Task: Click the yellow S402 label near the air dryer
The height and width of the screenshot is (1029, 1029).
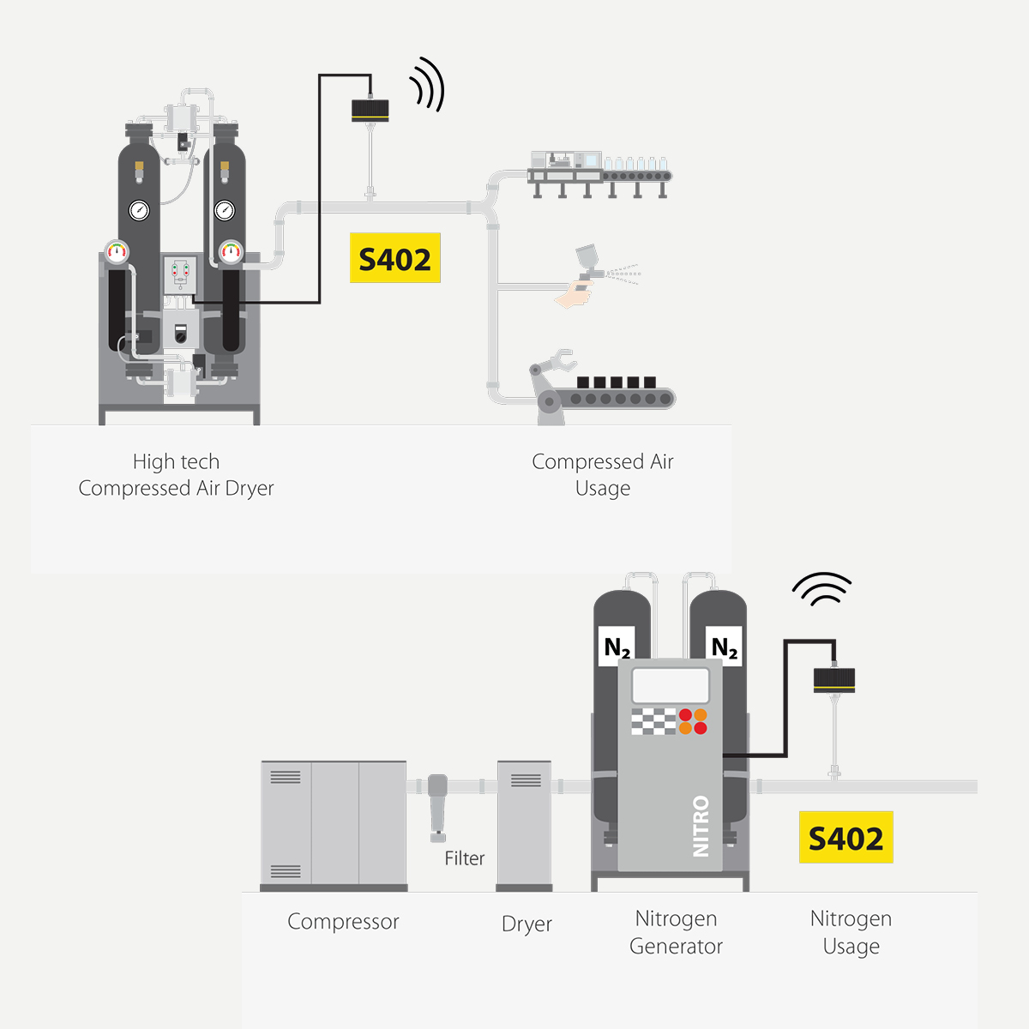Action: [x=394, y=258]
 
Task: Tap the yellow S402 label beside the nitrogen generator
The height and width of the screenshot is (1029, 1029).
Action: [x=845, y=838]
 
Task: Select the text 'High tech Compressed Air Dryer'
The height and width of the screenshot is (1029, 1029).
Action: [x=176, y=475]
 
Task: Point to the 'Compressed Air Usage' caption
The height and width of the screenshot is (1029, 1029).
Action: [x=603, y=475]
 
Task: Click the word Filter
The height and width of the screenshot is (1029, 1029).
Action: [x=464, y=858]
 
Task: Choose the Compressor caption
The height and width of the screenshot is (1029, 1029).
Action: [x=343, y=922]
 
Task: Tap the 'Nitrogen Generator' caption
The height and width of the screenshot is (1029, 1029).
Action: [x=676, y=932]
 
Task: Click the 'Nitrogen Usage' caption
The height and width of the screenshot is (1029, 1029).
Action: [x=851, y=932]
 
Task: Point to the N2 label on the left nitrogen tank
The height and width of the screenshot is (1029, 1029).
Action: [x=617, y=647]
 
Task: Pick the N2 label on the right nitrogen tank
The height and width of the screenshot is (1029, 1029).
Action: [x=725, y=647]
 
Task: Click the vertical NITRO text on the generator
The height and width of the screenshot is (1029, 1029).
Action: [x=701, y=826]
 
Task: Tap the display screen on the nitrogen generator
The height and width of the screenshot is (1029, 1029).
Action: [x=671, y=686]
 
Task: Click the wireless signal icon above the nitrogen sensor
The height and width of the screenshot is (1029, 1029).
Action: [x=821, y=589]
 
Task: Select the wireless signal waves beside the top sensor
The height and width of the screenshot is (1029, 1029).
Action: [x=428, y=84]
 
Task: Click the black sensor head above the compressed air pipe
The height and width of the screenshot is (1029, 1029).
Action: [x=370, y=110]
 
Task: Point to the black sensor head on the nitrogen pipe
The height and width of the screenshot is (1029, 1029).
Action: [x=833, y=679]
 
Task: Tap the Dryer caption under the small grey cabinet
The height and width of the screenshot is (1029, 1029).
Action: [x=527, y=924]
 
